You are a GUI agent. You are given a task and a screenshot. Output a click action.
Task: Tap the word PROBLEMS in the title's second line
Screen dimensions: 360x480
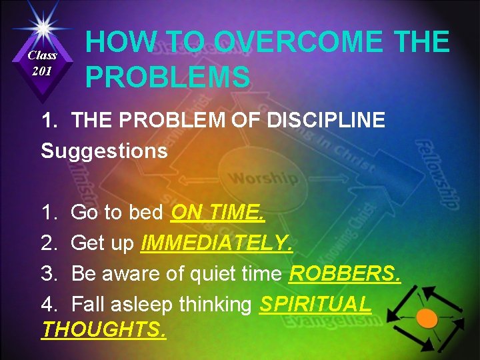[167, 77]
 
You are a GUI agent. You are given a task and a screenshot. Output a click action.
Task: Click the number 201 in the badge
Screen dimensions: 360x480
[42, 71]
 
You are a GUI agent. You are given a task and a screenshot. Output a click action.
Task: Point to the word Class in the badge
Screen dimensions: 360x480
[42, 56]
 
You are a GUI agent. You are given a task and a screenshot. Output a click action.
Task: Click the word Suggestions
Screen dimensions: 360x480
[104, 151]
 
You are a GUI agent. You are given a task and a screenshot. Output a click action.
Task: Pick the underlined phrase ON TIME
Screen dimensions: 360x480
[218, 213]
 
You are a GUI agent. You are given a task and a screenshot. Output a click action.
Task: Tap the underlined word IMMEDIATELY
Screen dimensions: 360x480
[216, 243]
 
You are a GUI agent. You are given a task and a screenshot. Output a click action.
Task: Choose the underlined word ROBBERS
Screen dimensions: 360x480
[345, 274]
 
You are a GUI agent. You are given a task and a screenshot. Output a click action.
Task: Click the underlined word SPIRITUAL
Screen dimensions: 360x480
[315, 304]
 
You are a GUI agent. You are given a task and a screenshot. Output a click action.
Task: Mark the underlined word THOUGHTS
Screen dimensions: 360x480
[104, 329]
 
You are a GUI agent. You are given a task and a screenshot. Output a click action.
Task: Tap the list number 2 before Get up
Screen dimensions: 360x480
[47, 243]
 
